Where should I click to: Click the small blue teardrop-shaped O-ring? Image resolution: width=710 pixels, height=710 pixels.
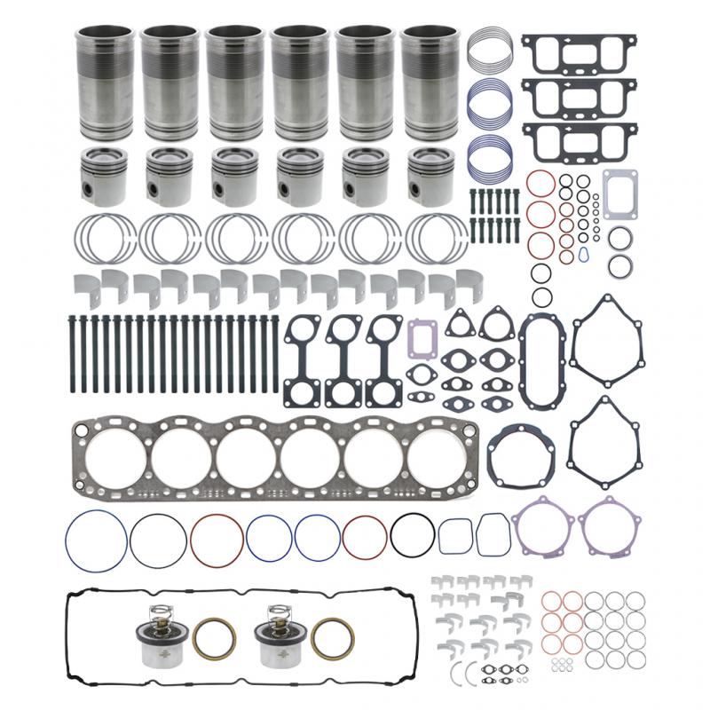pyautogui.click(x=582, y=255)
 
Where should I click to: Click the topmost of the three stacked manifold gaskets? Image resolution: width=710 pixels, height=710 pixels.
pyautogui.click(x=578, y=52)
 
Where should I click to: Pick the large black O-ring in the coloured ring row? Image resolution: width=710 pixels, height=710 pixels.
pyautogui.click(x=412, y=537)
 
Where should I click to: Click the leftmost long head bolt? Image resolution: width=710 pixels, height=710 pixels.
pyautogui.click(x=69, y=351)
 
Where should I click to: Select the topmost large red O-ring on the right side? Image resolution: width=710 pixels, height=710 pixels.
pyautogui.click(x=540, y=185)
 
